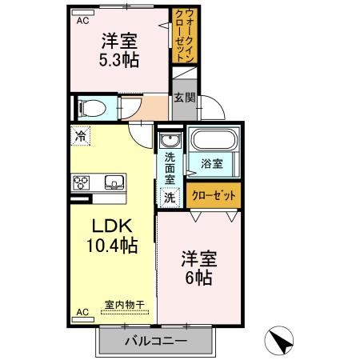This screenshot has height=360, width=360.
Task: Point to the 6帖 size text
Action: tap(198, 278)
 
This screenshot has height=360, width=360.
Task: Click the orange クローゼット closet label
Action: tap(214, 194)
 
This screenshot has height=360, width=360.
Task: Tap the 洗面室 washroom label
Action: tap(170, 169)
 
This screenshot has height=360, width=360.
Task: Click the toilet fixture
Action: tap(90, 107)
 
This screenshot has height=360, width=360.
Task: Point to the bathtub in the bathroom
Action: tap(213, 141)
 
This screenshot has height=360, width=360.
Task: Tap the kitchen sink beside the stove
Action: tap(113, 182)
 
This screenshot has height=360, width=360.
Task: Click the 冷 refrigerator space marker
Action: tap(81, 137)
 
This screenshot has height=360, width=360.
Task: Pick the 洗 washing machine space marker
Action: tap(169, 197)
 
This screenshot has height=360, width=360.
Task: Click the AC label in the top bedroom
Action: tap(82, 22)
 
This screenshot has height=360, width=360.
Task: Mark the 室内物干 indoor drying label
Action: tap(124, 305)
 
